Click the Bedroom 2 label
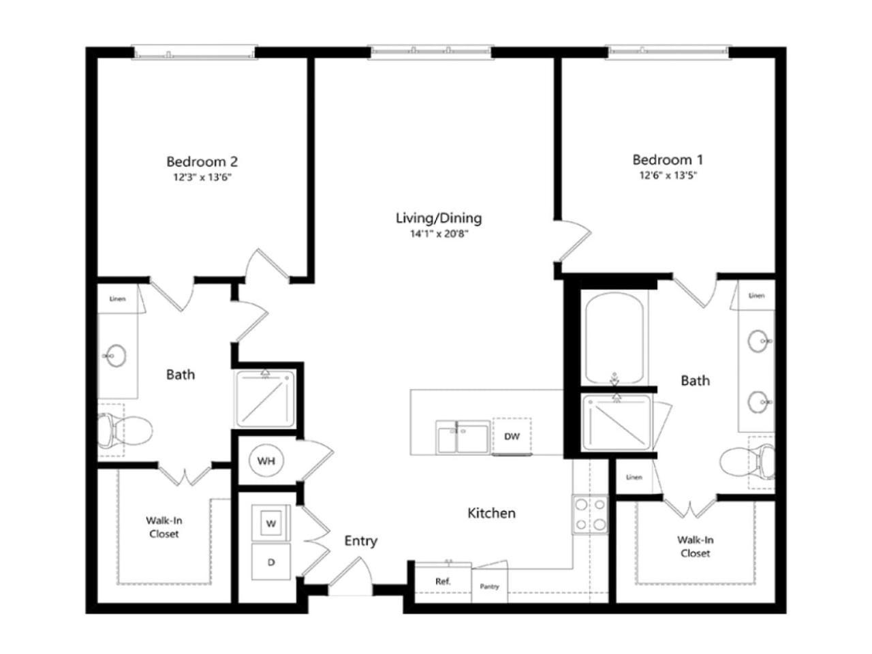(202, 161)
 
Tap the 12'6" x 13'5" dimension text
(668, 175)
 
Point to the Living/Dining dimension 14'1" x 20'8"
(439, 234)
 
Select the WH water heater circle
(266, 461)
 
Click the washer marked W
(271, 523)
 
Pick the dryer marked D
(271, 562)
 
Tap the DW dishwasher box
(512, 437)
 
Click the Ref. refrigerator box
(443, 582)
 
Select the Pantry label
(489, 587)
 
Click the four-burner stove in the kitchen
(590, 514)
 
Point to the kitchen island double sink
(463, 437)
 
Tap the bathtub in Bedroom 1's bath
(614, 339)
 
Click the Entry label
(360, 541)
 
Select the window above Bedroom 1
(668, 52)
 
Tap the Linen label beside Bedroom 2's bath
(118, 298)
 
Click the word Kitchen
(491, 513)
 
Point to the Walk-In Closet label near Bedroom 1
(696, 546)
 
